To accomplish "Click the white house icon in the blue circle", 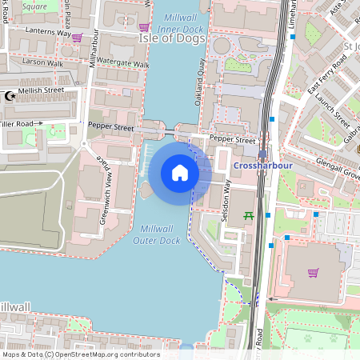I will tap(180, 173).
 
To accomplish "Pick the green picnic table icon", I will tap(248, 215).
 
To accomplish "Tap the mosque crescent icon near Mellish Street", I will tap(10, 96).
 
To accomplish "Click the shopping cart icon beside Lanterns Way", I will tap(77, 37).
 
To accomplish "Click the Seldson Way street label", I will tap(226, 201).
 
